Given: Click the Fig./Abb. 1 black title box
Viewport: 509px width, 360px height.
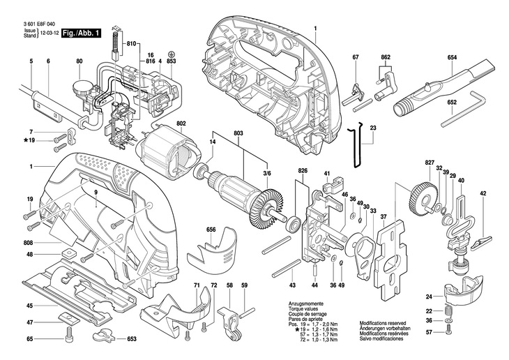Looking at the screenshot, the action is (81, 33).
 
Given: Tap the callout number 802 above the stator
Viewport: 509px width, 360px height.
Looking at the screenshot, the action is (181, 123).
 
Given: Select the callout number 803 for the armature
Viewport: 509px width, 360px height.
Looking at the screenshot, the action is (238, 133).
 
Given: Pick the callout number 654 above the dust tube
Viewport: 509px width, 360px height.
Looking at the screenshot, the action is (452, 57).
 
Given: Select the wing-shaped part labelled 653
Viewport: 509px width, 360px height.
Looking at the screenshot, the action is (104, 336).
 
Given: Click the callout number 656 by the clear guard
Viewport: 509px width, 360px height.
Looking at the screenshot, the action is (211, 230).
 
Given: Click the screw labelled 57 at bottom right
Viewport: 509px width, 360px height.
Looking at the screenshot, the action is (448, 331).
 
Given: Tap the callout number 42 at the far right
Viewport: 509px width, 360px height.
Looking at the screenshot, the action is (483, 193).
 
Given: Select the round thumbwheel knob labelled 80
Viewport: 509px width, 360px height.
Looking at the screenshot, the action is (80, 88).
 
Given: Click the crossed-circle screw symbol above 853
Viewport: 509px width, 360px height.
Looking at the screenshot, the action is (172, 54).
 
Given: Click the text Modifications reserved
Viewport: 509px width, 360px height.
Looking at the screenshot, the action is (383, 323).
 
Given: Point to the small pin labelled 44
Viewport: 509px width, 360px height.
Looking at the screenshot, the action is (315, 270).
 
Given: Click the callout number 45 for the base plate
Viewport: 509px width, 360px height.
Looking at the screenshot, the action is (30, 306).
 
